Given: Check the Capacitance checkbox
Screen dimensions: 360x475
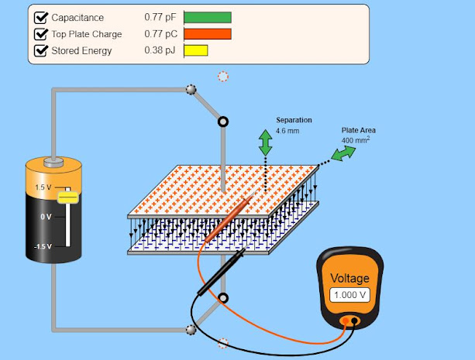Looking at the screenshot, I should pos(41,17).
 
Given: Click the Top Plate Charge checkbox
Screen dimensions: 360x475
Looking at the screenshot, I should pos(41,34).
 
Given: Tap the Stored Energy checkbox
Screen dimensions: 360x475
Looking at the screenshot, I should pos(41,51).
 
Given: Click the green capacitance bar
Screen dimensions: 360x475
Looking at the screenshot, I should pos(208,17).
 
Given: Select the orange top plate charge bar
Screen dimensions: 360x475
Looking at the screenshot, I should pos(208,34).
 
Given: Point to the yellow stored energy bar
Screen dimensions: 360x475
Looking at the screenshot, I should pos(195,51).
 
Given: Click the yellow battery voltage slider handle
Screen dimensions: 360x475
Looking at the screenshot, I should pos(67,198).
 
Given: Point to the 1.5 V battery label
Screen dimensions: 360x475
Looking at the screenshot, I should pos(43,188).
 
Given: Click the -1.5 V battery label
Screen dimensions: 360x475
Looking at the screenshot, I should pos(42,246).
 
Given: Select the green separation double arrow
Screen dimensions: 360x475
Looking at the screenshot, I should pos(265,142).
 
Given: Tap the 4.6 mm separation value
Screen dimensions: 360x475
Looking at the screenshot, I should pos(287,131).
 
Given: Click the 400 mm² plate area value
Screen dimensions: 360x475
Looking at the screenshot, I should pos(356,141).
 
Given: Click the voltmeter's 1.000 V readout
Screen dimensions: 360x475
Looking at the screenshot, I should pos(349,295).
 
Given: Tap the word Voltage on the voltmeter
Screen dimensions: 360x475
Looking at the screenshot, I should pos(350,279).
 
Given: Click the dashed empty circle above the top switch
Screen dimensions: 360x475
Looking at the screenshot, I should pos(223,76).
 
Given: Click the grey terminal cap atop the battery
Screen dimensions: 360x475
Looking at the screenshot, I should pos(53,163).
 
